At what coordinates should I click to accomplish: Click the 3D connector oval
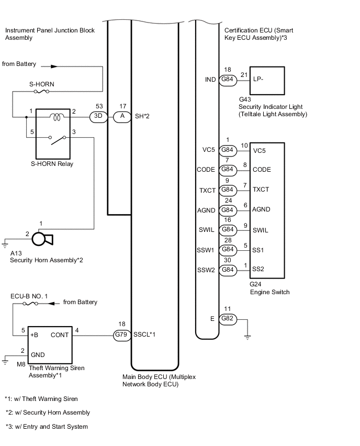click(98, 117)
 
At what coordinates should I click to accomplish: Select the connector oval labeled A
click(122, 117)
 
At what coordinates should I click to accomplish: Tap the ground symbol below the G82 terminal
click(248, 338)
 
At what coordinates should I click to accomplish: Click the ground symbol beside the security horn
click(6, 243)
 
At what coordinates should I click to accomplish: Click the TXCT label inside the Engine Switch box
click(261, 189)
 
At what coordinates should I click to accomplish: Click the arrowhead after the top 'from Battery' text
click(54, 67)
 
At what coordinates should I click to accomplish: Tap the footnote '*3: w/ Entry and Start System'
click(47, 427)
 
